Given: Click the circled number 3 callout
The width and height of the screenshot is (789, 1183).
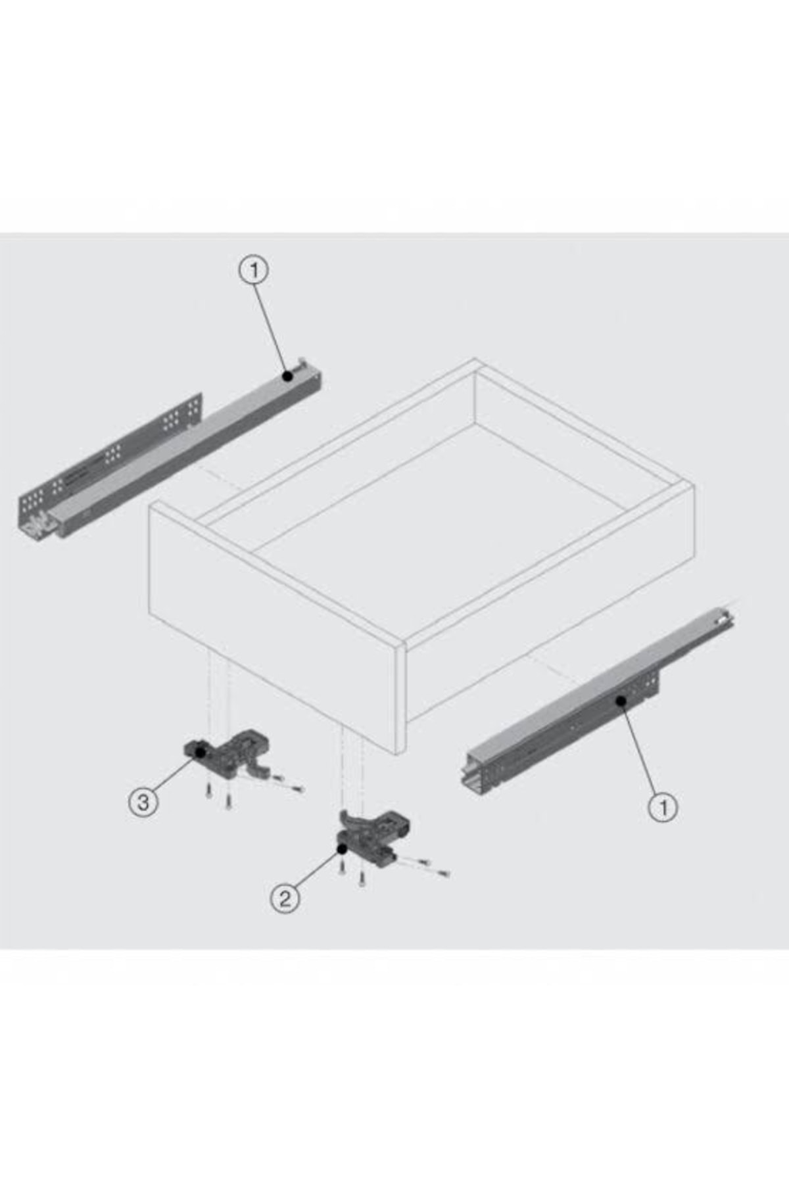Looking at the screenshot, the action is [x=143, y=802].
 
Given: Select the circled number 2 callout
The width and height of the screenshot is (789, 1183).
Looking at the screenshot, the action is [x=285, y=898].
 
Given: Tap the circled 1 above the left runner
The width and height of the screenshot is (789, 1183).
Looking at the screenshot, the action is [x=254, y=270].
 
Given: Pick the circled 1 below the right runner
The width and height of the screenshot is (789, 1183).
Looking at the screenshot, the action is [x=663, y=806].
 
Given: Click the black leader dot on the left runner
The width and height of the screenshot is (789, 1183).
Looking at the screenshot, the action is [x=287, y=376].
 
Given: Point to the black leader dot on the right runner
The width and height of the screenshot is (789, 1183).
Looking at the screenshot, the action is [x=621, y=701].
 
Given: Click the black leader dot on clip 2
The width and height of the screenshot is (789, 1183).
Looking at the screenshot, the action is [x=343, y=848].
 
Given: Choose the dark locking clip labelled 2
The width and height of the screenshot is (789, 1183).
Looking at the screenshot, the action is [x=372, y=838].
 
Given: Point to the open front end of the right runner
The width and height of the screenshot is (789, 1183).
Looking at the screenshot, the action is [x=479, y=776].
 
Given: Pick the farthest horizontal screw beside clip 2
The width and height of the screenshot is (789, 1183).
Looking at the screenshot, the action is [x=442, y=873].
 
